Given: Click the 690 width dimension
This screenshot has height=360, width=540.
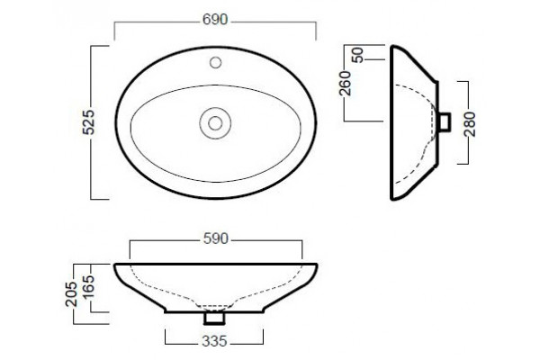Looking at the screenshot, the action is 215,20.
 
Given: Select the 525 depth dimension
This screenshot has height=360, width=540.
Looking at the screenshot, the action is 88,122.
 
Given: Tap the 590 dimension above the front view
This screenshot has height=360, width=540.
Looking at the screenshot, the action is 216,238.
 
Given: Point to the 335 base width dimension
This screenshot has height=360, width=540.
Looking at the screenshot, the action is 214,341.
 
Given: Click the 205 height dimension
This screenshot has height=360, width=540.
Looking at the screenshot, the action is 71,294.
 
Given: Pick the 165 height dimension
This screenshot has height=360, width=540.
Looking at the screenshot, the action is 88,286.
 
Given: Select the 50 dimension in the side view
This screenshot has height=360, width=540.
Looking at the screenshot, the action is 358,56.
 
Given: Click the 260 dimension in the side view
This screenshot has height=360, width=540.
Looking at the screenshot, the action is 345,84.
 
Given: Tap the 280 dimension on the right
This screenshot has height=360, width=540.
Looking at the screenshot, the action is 470,124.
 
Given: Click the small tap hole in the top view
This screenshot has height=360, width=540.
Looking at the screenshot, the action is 216,63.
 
